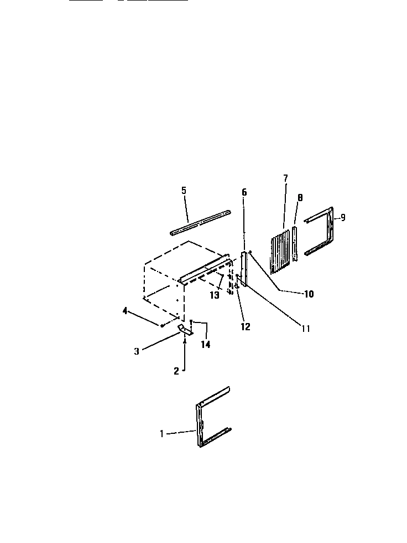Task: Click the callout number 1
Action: (x=162, y=434)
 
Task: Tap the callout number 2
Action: (x=176, y=371)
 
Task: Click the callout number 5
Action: (x=184, y=190)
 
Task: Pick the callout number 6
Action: (x=244, y=192)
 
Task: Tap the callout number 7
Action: (x=285, y=178)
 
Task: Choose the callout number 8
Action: (x=300, y=197)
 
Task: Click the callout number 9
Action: (x=343, y=218)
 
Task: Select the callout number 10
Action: (x=309, y=294)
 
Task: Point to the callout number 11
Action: (x=305, y=329)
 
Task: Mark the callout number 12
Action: (x=246, y=326)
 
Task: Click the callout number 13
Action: (x=215, y=295)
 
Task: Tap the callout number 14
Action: (x=206, y=344)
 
